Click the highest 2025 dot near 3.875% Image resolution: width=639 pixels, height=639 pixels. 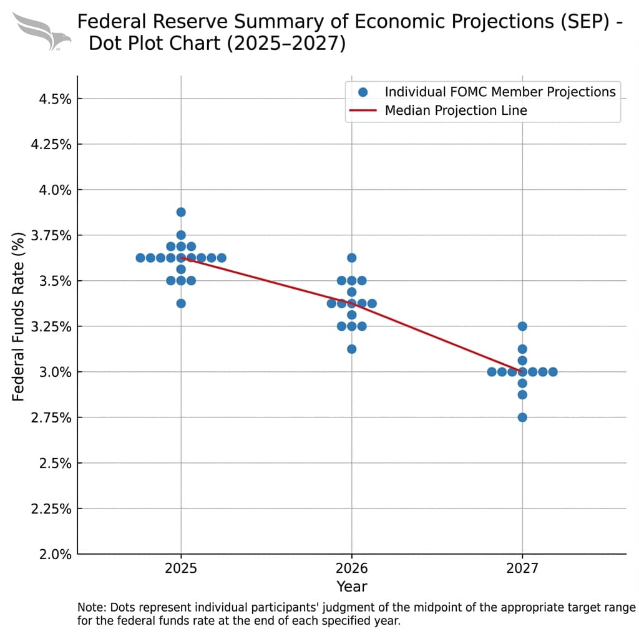(181, 212)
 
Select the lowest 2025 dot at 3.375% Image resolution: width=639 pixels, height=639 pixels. (181, 303)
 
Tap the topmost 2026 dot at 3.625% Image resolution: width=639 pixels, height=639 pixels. (351, 258)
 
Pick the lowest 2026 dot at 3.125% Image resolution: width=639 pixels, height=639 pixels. (351, 349)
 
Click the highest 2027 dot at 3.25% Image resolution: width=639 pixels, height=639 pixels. (522, 326)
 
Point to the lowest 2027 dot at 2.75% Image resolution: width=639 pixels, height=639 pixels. (522, 417)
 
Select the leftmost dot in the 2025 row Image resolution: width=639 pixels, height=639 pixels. (140, 258)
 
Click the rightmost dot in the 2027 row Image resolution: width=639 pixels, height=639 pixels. (553, 372)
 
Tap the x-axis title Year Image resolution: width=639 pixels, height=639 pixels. (351, 587)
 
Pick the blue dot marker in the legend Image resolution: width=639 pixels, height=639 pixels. (363, 92)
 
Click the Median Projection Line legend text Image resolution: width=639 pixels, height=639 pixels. (456, 110)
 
